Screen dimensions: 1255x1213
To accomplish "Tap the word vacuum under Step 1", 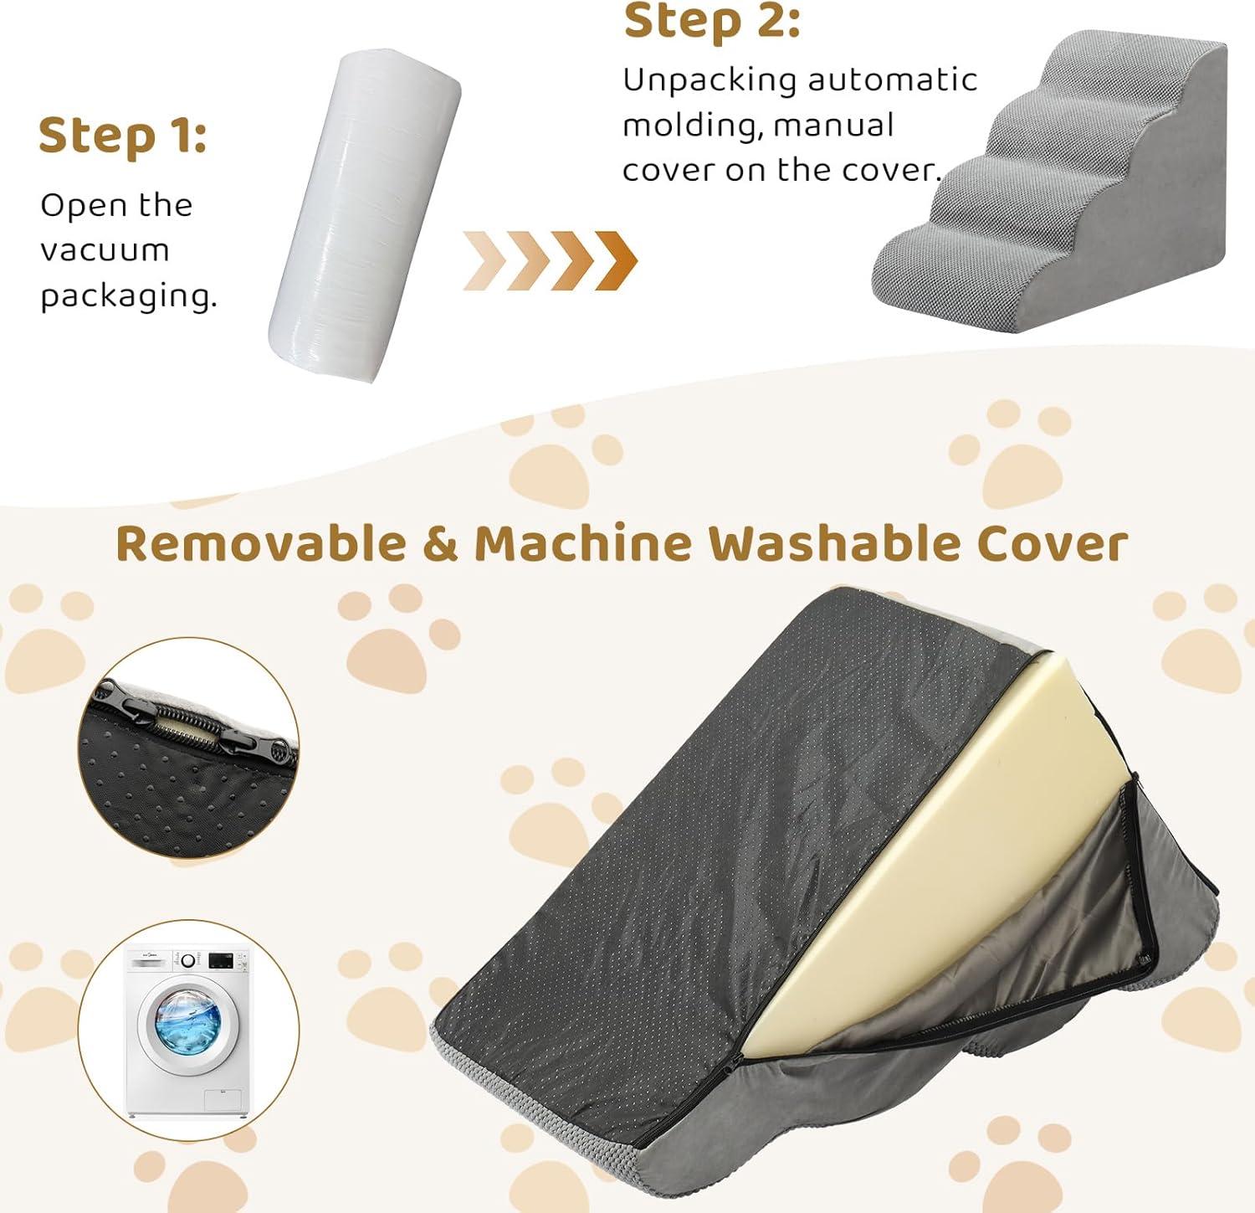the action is pyautogui.click(x=105, y=249).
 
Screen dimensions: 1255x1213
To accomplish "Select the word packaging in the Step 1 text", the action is pyautogui.click(x=128, y=296).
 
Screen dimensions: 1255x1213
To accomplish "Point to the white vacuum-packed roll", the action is pyautogui.click(x=365, y=215).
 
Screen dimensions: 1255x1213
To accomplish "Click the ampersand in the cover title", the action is pyautogui.click(x=441, y=544).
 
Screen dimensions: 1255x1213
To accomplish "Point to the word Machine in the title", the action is pyautogui.click(x=583, y=543).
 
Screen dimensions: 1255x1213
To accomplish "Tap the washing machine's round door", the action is pyautogui.click(x=187, y=1022).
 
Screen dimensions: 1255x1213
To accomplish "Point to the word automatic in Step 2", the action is pyautogui.click(x=892, y=80).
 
